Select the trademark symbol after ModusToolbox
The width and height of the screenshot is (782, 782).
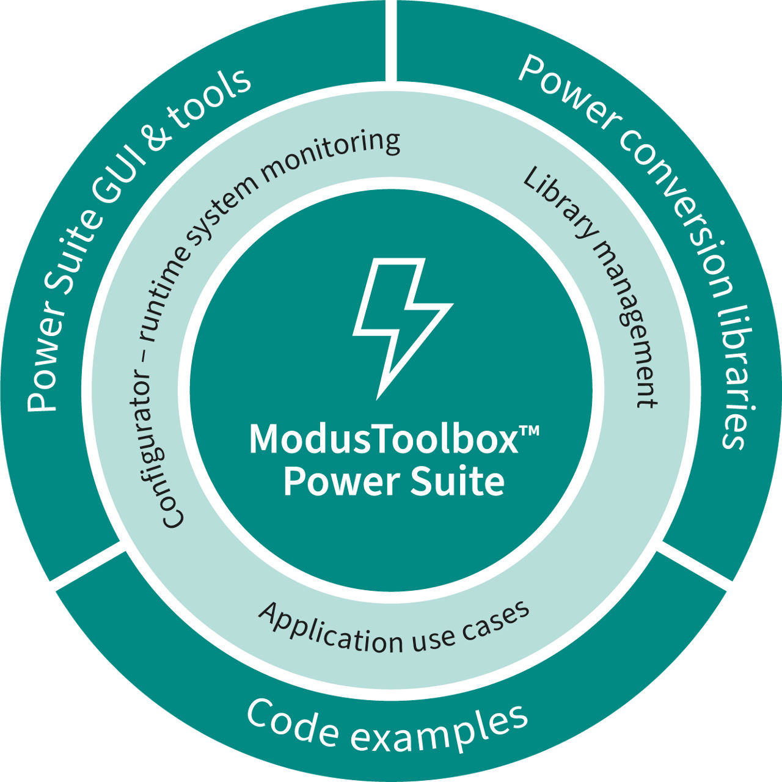click(529, 431)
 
